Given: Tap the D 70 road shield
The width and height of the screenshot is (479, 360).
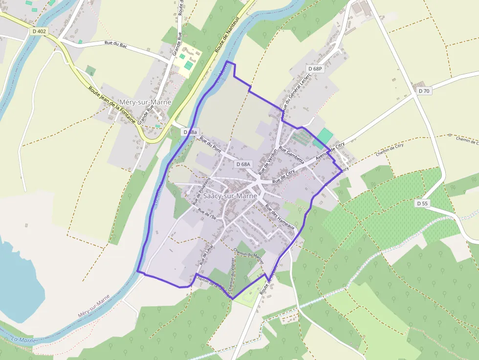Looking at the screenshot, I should point(424,91).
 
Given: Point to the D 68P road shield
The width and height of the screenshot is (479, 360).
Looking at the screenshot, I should point(316,69).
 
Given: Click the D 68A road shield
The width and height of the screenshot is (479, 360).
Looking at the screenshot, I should point(243,165).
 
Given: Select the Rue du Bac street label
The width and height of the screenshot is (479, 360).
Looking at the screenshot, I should point(116,43).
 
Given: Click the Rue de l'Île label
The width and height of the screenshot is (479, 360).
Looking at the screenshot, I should point(207,213).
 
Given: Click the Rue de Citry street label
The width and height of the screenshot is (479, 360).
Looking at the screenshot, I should point(284,176).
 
